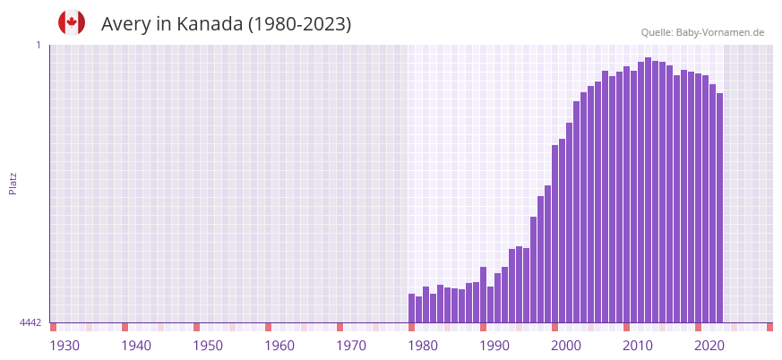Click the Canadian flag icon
72,22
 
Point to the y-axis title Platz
13,183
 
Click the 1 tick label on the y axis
38,45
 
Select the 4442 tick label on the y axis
30,322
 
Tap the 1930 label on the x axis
64,346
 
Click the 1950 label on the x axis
208,346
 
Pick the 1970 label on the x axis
351,346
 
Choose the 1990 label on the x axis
494,346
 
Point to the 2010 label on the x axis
638,346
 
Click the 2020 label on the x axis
709,346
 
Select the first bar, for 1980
412,308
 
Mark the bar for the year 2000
555,234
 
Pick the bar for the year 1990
484,295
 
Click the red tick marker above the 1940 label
125,327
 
